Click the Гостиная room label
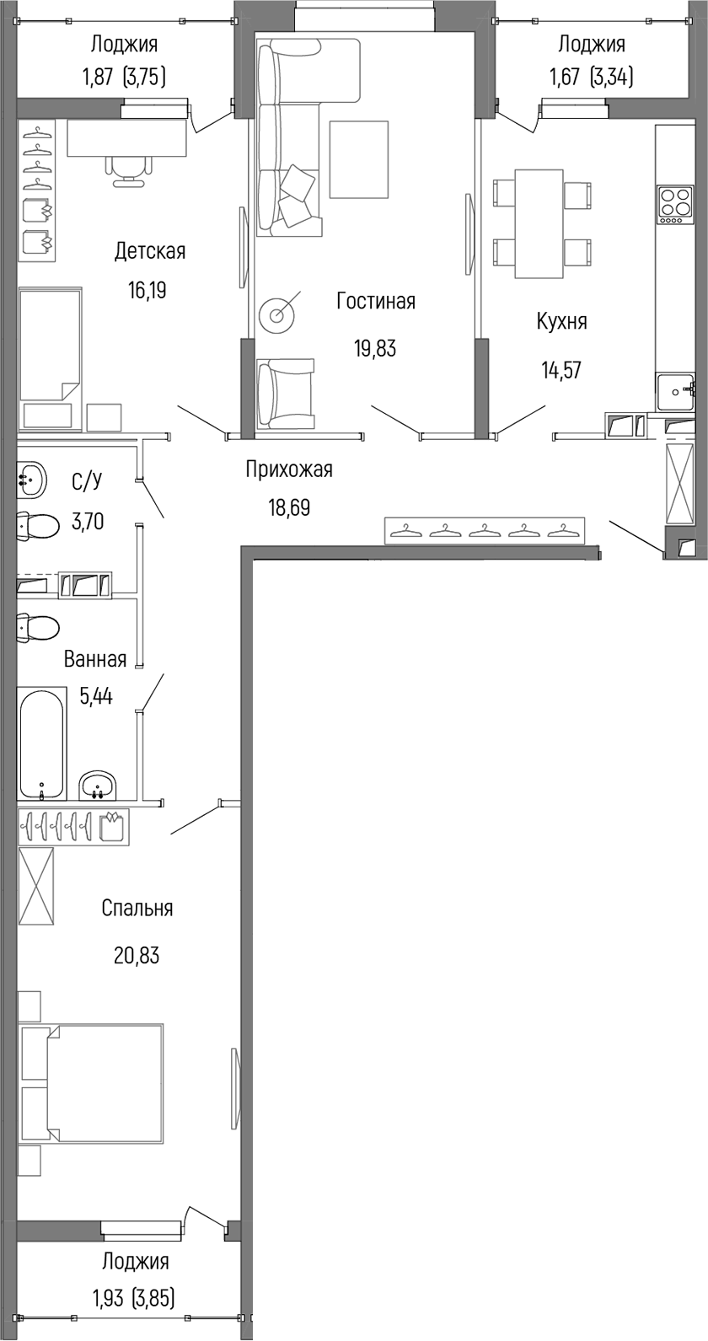coord(375,301)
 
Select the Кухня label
coord(561,321)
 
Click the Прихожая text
coord(288,469)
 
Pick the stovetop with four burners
coord(674,205)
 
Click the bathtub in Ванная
coord(41,743)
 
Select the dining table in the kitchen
coord(539,223)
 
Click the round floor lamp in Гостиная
coord(279,314)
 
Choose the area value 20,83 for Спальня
coord(137,956)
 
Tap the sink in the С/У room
coord(31,480)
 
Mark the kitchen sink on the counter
coord(675,391)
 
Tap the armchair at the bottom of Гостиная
coord(286,393)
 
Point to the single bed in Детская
coord(48,346)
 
